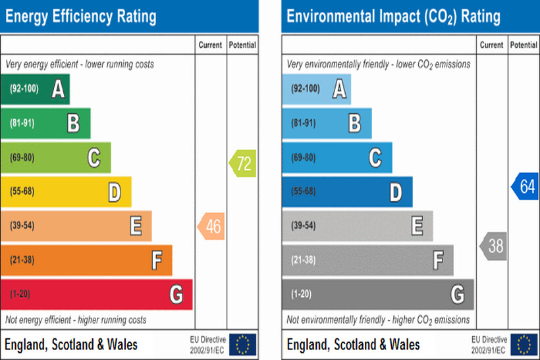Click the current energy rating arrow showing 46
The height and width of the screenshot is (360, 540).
coord(211,226)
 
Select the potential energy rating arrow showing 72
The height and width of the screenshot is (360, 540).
coord(242,163)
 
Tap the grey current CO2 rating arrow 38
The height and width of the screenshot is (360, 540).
coord(493,246)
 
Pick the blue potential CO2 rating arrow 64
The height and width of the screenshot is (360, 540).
coord(526,186)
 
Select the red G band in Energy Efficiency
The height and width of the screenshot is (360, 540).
coord(96,294)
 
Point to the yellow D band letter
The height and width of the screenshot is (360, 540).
coord(115,192)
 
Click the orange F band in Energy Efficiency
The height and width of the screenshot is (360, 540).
coord(86,260)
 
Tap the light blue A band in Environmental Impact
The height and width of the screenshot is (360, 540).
coord(316,89)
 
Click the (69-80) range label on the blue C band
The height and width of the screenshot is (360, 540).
coord(304,157)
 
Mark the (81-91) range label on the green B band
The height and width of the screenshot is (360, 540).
coord(22,123)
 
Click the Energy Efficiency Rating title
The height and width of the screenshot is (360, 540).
coord(81,16)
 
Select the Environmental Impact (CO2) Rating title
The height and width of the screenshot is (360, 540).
coord(393,16)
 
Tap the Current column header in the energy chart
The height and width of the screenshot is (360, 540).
coord(211,45)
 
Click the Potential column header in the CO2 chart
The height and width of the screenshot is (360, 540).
coord(524,45)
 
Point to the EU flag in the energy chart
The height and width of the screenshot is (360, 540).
coord(243,344)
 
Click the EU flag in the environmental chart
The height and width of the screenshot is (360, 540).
coord(524,344)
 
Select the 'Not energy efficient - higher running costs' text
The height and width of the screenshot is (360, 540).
coord(76,320)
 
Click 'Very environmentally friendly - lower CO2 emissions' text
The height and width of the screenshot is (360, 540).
coord(379,64)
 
